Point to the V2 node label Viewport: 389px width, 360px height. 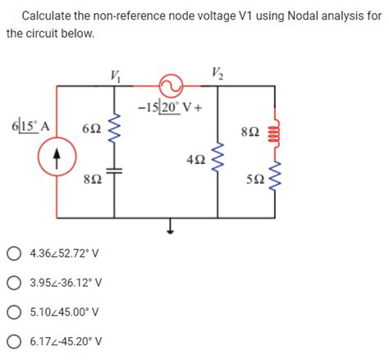point(217,70)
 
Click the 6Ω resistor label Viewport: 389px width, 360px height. point(92,129)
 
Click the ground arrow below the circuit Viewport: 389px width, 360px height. point(171,227)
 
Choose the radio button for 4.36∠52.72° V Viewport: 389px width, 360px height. point(14,255)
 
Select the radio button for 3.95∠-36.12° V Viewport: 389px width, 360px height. point(14,283)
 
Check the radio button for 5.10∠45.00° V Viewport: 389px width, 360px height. point(14,312)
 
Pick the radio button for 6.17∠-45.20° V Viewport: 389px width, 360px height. point(14,340)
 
